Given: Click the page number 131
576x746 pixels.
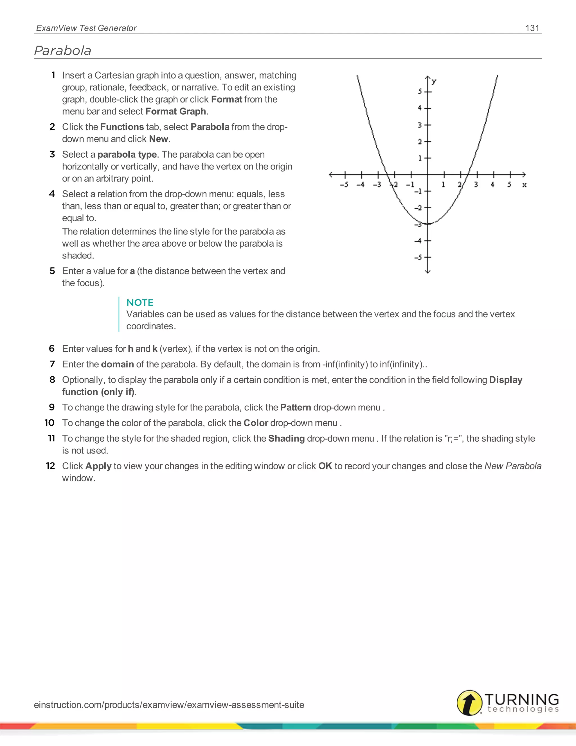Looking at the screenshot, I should point(532,28).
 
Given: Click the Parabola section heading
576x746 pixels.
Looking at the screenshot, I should point(63,51).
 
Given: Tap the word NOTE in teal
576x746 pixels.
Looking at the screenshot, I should point(140,303).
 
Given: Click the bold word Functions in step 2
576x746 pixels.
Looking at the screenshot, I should point(122,127).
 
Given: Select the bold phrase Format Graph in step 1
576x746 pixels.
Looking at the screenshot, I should point(176,111).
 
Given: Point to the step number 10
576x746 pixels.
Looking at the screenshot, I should point(49,423).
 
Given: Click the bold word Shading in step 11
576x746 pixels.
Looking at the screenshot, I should point(286,438).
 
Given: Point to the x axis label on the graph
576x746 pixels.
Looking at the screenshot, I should point(525,185).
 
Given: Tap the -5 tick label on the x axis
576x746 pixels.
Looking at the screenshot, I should point(344,185).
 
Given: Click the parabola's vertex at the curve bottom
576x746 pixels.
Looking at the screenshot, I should point(428,224).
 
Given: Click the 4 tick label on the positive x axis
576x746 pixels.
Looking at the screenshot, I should point(492,184).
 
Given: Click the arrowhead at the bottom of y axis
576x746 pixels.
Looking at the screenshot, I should point(428,272).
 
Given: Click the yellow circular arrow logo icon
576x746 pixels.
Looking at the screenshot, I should point(469,703).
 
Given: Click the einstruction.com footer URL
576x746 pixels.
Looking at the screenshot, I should point(169,705).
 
